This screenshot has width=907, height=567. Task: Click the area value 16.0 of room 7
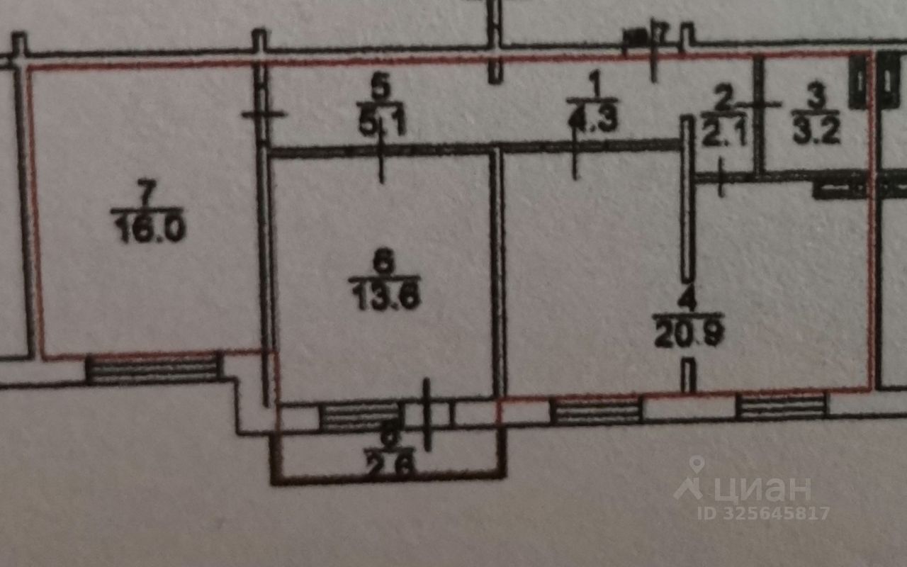(149, 231)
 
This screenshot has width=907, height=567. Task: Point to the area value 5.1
(382, 125)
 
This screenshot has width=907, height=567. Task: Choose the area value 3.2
(816, 132)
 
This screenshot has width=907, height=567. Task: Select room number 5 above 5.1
(381, 89)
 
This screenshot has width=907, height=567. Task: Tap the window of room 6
(361, 417)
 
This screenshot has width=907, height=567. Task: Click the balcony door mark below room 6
(427, 415)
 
